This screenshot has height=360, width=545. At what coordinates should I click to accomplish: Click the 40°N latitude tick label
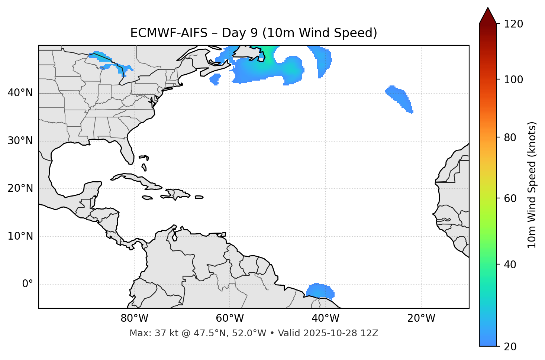coord(20,93)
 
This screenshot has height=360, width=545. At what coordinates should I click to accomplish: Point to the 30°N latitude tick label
coord(20,141)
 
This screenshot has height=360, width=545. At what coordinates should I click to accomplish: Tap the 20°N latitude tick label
coord(20,188)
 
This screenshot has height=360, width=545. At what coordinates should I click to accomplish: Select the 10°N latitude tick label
coord(20,236)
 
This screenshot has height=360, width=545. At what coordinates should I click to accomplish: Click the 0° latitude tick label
coord(27,284)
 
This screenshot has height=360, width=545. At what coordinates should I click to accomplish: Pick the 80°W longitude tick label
coord(134,318)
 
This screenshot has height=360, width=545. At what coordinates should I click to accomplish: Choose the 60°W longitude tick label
coord(230,318)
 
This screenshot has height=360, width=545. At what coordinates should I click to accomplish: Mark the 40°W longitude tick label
coord(326,318)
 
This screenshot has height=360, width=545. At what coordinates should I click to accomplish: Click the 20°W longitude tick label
coord(421,318)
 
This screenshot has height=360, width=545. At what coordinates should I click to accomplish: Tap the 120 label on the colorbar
coord(513,24)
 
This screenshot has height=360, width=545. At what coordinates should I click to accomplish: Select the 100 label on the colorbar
coord(513,80)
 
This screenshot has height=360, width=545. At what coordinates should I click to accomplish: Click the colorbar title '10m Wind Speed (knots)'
coord(532,185)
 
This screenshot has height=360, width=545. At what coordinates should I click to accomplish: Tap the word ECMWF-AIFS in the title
coord(169,33)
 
